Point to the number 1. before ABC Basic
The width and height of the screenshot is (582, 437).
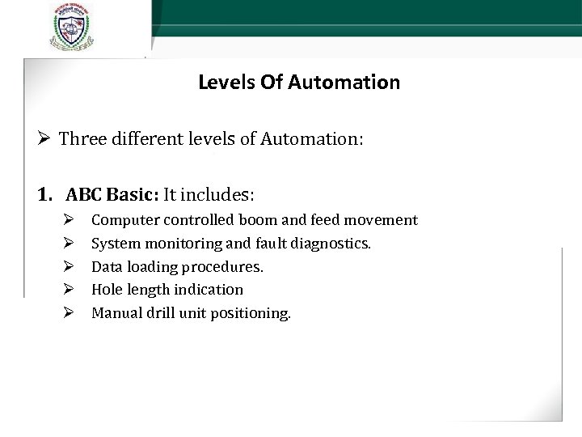point(47,194)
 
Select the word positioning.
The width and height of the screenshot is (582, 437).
point(250,312)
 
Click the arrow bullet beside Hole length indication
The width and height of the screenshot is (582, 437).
point(70,289)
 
